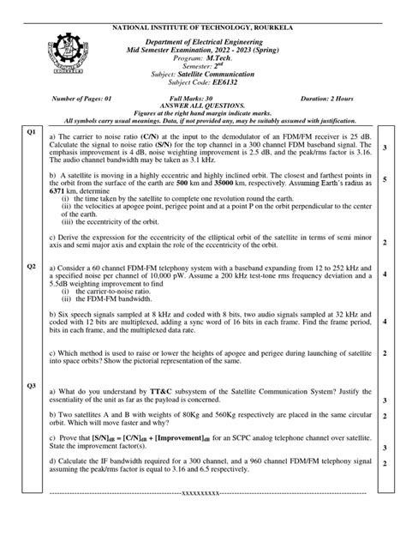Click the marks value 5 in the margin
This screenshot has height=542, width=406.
pos(385,180)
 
